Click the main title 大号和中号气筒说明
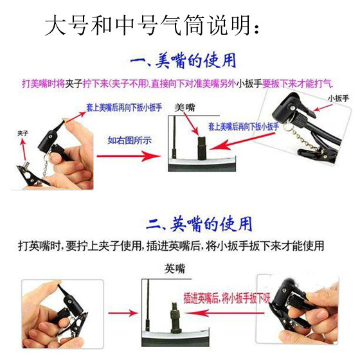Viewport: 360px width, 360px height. (x=152, y=25)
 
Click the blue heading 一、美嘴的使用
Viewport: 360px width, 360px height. (x=183, y=61)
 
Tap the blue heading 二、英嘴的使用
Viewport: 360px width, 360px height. (x=199, y=224)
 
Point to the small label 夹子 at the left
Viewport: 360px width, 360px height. (x=22, y=133)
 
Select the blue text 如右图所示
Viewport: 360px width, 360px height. (x=129, y=140)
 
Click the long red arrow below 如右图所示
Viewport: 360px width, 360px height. (x=129, y=156)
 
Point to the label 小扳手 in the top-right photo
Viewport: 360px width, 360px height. (x=338, y=98)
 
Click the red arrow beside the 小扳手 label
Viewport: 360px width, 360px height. (x=323, y=108)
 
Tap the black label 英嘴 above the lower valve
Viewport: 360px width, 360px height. (x=175, y=269)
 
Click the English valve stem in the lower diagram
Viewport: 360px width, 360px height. (x=175, y=318)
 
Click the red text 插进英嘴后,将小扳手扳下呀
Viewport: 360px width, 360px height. (x=227, y=298)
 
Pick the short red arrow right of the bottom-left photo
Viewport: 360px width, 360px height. (x=123, y=312)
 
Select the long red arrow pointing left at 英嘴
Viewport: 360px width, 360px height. (x=224, y=312)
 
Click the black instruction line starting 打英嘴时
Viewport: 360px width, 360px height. (x=171, y=246)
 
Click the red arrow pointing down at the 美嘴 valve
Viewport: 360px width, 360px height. (x=191, y=123)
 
